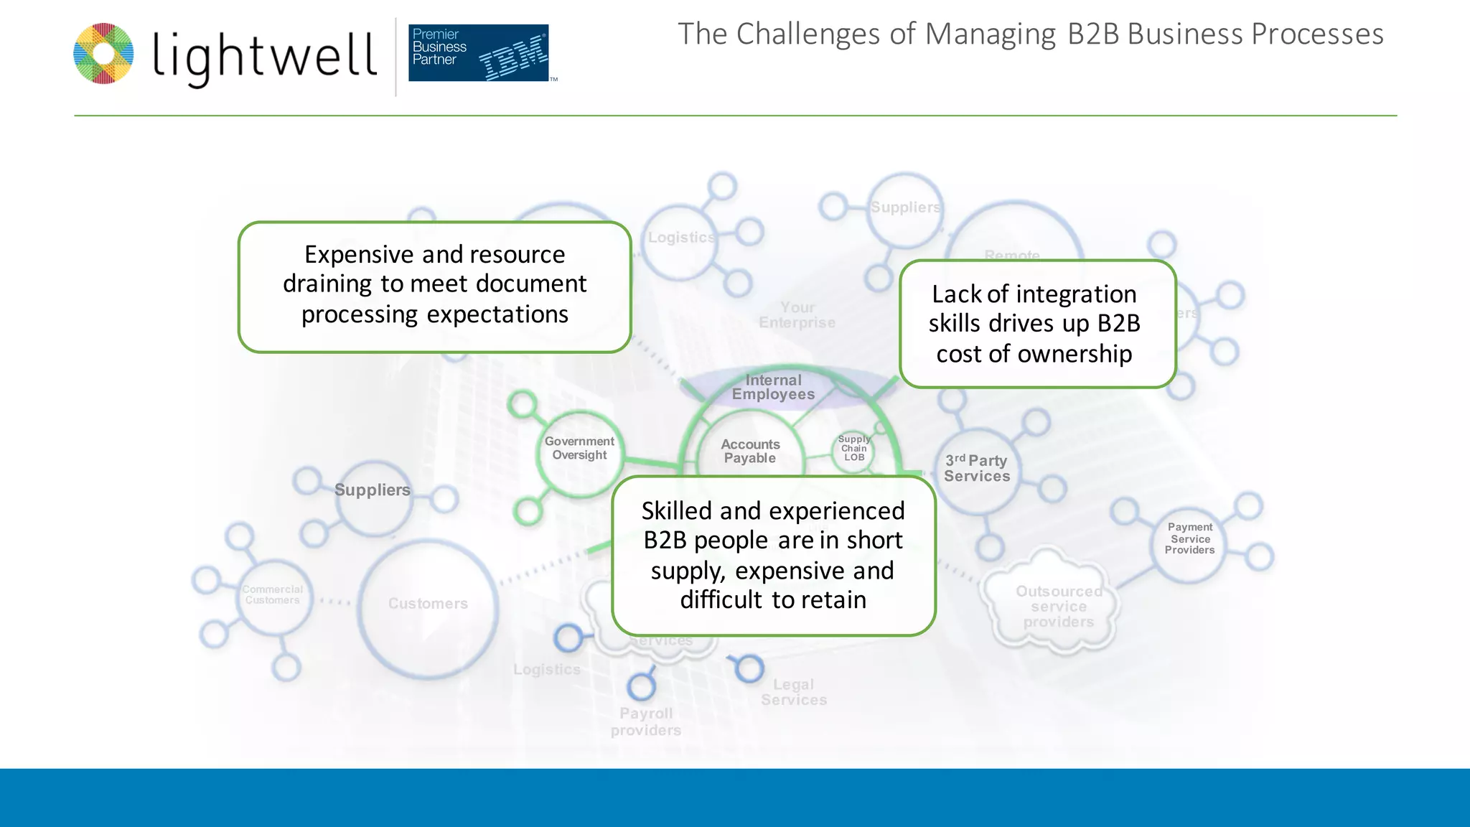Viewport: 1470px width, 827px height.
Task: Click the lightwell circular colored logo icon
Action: pyautogui.click(x=103, y=54)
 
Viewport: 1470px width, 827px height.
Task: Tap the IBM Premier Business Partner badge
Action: pyautogui.click(x=478, y=52)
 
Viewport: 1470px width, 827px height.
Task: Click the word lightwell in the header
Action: pyautogui.click(x=264, y=56)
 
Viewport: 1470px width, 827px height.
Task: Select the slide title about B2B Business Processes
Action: pyautogui.click(x=1030, y=34)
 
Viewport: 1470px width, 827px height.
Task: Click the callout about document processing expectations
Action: pyautogui.click(x=434, y=286)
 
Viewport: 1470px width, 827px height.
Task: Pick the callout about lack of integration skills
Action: pyautogui.click(x=1036, y=324)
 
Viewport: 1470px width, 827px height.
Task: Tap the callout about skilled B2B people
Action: pyautogui.click(x=773, y=555)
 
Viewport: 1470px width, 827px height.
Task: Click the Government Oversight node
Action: pyautogui.click(x=579, y=449)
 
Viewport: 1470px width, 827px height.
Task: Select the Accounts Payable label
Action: pyautogui.click(x=750, y=452)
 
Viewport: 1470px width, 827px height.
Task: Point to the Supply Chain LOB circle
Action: pyautogui.click(x=854, y=449)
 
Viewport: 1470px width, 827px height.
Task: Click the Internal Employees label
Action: pyautogui.click(x=773, y=387)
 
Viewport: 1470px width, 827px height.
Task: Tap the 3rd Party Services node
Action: pyautogui.click(x=977, y=469)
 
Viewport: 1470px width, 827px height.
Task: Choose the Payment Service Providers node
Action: pyautogui.click(x=1189, y=538)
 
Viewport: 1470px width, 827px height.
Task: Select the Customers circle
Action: pyautogui.click(x=428, y=604)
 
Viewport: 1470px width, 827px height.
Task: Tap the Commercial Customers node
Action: pyautogui.click(x=273, y=595)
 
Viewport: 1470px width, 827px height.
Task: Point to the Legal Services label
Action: pyautogui.click(x=794, y=692)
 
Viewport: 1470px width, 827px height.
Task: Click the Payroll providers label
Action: pyautogui.click(x=646, y=721)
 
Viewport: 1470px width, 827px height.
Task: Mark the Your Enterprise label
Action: pyautogui.click(x=797, y=315)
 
